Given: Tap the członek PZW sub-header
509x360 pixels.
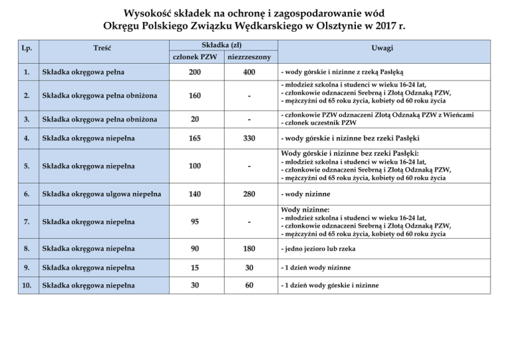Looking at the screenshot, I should click(195, 58).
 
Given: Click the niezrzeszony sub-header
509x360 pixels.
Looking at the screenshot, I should click(249, 58).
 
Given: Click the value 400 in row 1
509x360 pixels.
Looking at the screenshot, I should click(249, 72).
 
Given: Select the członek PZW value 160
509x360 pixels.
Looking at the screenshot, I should click(195, 95).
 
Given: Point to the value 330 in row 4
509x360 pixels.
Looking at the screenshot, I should click(249, 139).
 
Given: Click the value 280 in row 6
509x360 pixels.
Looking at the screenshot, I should click(249, 194).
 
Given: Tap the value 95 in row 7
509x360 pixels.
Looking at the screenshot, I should click(195, 221).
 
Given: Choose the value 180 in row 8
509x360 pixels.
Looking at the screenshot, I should click(249, 249).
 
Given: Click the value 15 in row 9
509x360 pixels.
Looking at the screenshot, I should click(195, 267).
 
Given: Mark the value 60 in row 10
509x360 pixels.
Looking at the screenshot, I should click(249, 286).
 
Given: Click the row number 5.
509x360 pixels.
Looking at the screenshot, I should click(25, 166).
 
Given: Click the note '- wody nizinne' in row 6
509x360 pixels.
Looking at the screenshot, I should click(304, 194).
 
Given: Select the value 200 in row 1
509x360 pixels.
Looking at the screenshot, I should click(195, 72).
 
